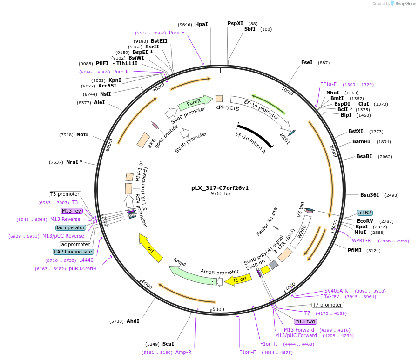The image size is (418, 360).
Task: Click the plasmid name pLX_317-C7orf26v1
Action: coord(220,188)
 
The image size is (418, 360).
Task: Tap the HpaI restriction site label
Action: coord(201,24)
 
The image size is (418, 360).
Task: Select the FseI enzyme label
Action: coord(307,62)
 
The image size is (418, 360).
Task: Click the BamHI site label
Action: coord(361,141)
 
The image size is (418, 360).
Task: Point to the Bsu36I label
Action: coord(370,195)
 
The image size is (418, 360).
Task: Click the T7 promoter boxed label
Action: coord(328,305)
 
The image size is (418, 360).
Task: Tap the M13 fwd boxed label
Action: coord(305,321)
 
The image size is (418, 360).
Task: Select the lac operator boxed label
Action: coord(71,227)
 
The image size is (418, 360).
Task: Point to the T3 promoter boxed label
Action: coord(65,194)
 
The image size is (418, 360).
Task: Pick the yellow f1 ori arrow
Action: coord(235,280)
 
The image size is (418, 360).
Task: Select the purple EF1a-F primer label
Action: coord(328,85)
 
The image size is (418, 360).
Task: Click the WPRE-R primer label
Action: coord(361,240)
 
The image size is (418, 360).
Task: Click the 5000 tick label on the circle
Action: coord(218,309)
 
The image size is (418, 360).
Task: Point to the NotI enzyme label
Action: coord(82,134)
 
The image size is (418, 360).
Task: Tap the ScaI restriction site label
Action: coord(168,344)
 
